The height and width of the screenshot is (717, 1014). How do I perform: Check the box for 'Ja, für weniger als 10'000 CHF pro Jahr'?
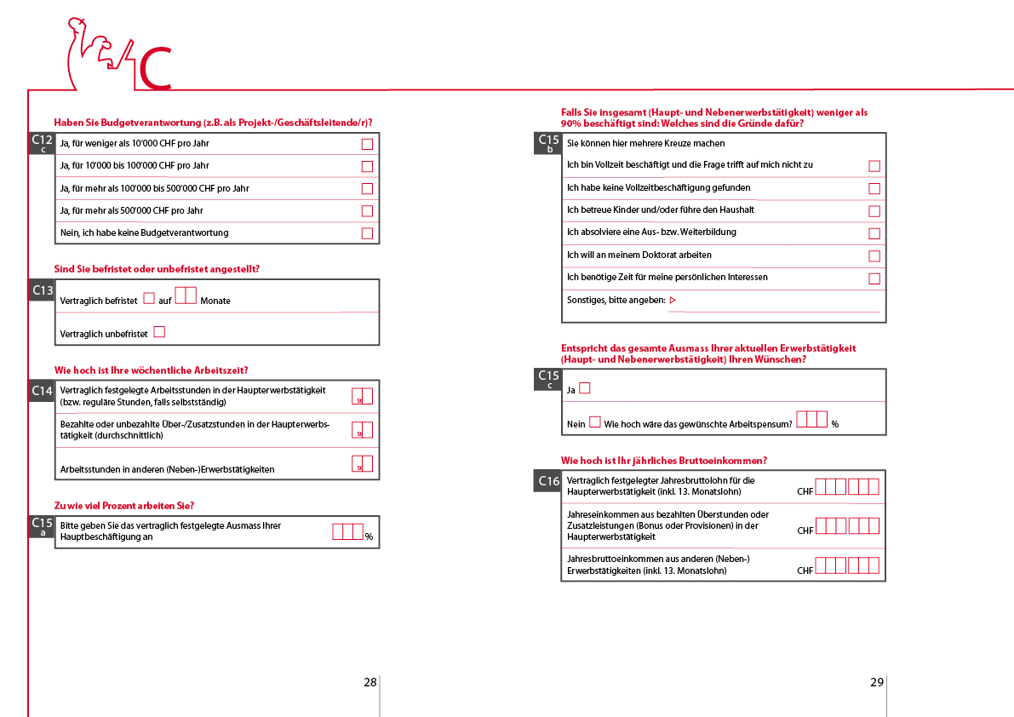[367, 144]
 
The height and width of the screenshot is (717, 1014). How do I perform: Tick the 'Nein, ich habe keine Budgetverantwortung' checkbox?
[367, 233]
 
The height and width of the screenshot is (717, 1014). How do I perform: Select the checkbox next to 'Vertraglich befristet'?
[149, 299]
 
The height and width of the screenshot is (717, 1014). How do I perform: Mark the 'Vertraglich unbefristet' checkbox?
[159, 332]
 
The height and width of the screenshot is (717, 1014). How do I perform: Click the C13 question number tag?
[43, 290]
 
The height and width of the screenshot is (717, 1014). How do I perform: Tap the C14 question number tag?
[43, 391]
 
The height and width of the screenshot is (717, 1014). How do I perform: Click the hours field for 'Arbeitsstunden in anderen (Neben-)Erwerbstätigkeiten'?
[362, 465]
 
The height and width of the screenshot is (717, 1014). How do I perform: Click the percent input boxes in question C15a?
[348, 532]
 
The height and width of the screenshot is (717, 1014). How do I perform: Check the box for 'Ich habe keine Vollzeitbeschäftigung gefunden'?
[874, 188]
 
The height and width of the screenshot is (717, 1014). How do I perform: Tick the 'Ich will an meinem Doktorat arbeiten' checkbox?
[874, 255]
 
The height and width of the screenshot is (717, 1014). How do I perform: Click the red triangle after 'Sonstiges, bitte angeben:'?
[673, 300]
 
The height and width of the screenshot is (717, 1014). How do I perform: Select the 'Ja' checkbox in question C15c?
[585, 389]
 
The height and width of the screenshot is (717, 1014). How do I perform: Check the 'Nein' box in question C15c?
[594, 422]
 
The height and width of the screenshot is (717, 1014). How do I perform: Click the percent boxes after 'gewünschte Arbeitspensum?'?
[811, 419]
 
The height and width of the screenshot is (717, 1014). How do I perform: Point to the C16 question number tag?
[549, 481]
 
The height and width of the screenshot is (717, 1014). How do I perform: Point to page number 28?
[370, 682]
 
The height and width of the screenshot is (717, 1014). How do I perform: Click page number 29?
[877, 682]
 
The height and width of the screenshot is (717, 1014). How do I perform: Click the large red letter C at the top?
[155, 68]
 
